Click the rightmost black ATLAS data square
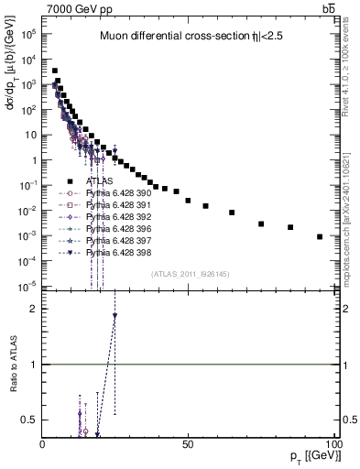(x=320, y=236)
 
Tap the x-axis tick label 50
(x=188, y=443)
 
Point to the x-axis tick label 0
(x=43, y=443)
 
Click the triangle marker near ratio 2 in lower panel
(x=115, y=316)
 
